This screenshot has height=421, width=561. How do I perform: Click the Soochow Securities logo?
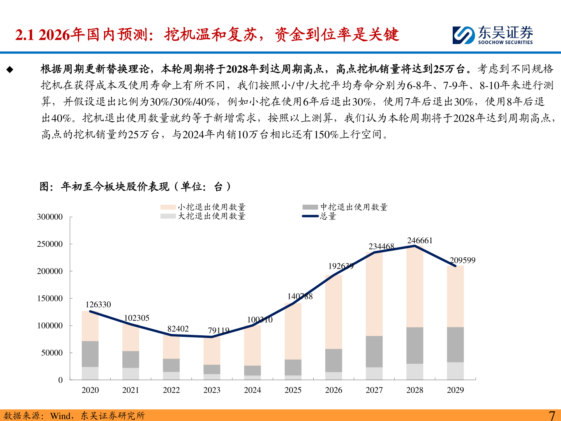(492, 35)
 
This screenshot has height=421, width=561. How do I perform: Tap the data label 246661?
(420, 241)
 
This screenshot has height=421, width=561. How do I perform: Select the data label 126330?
(98, 304)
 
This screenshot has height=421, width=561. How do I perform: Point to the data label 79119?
(219, 331)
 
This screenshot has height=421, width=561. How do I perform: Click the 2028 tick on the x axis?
(415, 390)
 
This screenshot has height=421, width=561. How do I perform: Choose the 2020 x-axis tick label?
(90, 390)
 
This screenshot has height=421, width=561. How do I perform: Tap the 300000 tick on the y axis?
(49, 217)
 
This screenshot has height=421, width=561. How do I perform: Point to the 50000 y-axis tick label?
(52, 353)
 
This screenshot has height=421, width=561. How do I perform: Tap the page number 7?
(552, 416)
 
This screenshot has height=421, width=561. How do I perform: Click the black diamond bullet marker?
(10, 70)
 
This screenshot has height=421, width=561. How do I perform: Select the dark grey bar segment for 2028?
(415, 345)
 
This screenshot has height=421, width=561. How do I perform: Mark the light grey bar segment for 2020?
(90, 373)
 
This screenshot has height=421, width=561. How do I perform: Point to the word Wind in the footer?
(60, 416)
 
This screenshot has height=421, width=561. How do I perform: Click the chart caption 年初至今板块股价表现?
(115, 187)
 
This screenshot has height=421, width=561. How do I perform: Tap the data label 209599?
(462, 260)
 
